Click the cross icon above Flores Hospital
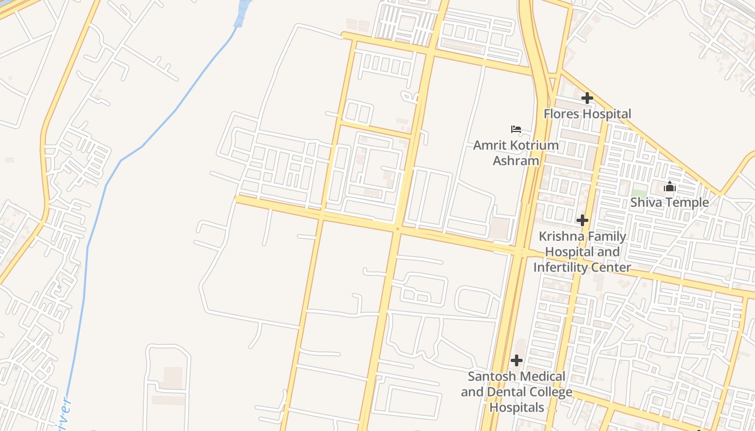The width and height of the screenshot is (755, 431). pos(587,98)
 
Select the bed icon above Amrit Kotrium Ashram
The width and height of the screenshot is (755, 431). pos(516,129)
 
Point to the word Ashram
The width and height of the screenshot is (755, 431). pos(516,161)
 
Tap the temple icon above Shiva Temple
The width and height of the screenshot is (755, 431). pos(670,187)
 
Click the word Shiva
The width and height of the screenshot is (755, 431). pos(647,203)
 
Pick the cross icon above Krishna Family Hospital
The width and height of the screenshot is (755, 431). pos(582,220)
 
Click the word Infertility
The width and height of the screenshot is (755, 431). pos(559,267)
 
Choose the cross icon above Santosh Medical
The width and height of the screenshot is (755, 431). pos(517,360)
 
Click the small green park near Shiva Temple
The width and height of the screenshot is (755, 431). pos(639,193)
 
